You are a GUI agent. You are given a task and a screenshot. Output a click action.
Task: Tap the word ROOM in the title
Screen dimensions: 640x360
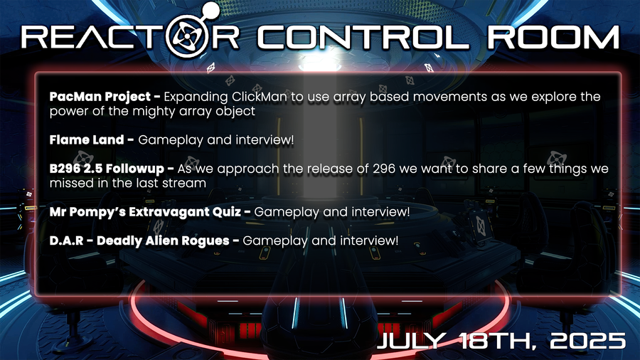[553, 38]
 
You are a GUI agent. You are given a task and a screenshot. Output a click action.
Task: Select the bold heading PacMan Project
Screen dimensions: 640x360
[100, 97]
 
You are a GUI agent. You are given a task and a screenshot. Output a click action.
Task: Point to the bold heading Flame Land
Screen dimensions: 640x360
[87, 139]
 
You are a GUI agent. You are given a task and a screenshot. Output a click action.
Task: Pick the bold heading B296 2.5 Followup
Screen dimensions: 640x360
[107, 169]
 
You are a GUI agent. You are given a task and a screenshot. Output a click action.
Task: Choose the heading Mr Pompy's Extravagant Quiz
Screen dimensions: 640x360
[145, 212]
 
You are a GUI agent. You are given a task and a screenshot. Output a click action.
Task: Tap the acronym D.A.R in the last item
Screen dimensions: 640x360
[66, 240]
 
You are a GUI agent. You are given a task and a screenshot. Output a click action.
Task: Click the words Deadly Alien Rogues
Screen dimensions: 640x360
[163, 241]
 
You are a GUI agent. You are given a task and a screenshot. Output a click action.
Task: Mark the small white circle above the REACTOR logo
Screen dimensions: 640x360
[210, 10]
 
